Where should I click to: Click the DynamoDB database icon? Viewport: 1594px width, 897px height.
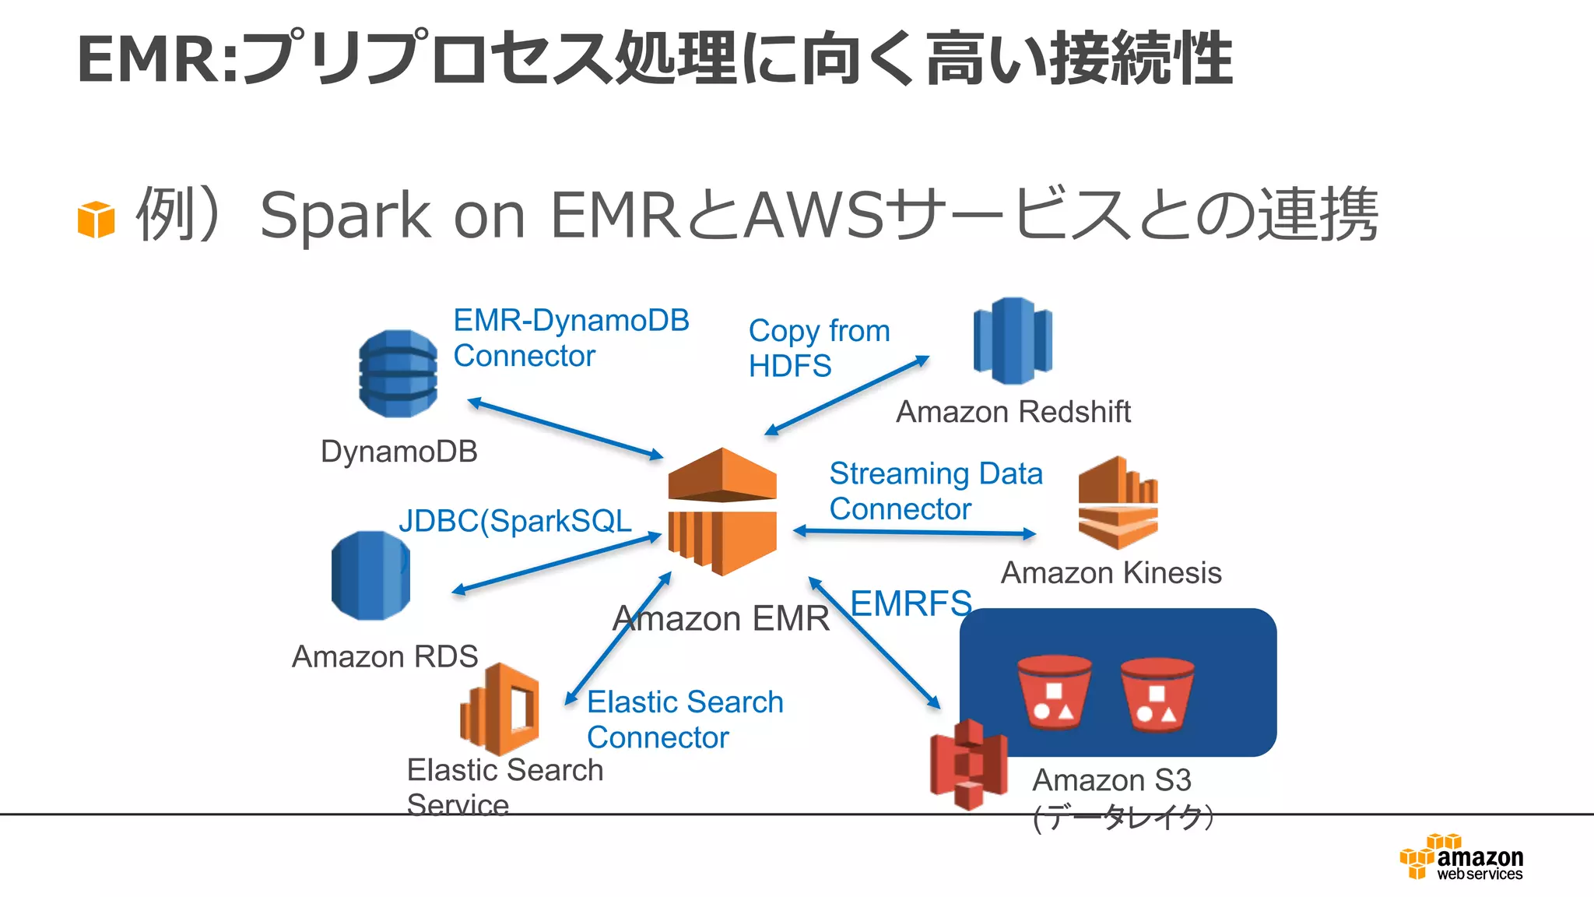click(398, 374)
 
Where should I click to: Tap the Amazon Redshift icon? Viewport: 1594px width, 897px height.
click(1013, 341)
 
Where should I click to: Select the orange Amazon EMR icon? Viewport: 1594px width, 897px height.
click(722, 512)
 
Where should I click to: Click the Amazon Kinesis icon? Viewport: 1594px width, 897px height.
click(1118, 502)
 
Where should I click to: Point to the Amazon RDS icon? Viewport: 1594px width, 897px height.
click(370, 575)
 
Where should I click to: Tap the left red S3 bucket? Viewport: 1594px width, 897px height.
click(1054, 692)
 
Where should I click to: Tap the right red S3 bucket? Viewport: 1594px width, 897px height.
click(1157, 695)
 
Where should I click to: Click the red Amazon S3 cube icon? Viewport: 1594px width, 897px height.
click(968, 765)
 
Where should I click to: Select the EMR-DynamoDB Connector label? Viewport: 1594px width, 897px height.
click(571, 338)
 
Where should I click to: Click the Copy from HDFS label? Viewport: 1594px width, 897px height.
click(818, 348)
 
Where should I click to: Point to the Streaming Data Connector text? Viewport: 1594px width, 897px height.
click(935, 491)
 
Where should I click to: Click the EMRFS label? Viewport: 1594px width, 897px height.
click(911, 603)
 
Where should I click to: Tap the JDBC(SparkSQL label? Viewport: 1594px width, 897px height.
click(515, 521)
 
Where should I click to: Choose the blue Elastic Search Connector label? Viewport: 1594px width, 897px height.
click(684, 719)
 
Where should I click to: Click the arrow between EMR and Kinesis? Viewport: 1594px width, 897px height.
click(915, 533)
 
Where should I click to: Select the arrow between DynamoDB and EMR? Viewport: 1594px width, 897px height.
click(565, 428)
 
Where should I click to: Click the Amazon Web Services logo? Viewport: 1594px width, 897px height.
click(1462, 857)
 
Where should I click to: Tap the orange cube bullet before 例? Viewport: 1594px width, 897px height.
click(96, 219)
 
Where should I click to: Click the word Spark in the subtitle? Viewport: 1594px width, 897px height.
click(345, 216)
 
